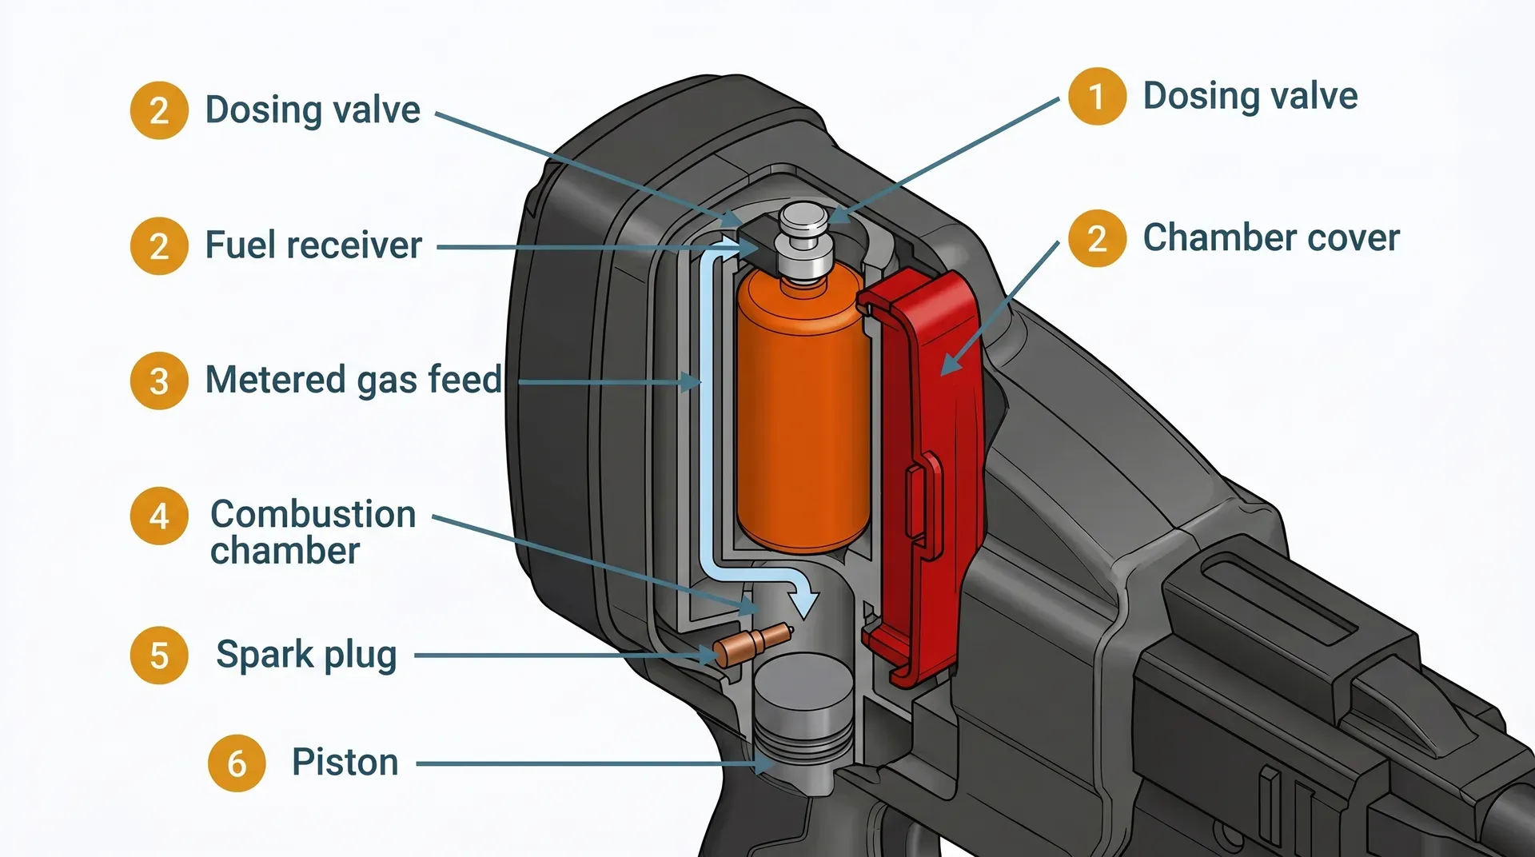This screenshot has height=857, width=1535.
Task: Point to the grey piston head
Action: coord(803,704)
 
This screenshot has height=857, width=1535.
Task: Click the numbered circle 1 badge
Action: coord(1097,97)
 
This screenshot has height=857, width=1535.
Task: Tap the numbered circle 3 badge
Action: coord(159,381)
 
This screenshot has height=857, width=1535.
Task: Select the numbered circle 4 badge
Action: coord(159,516)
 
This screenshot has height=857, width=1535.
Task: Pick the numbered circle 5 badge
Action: coord(159,656)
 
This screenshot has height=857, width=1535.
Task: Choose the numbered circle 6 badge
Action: coord(237,763)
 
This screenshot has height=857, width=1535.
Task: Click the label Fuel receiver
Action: coord(313,245)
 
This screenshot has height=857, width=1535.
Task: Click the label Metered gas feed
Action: coord(353,380)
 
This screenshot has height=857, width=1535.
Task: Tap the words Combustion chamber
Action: coord(312,532)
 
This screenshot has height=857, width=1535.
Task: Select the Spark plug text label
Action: coord(306,656)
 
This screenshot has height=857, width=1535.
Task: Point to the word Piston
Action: coord(345,763)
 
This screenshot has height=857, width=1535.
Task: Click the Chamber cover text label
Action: coord(1270,238)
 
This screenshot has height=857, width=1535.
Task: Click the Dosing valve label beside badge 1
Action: coord(1250,97)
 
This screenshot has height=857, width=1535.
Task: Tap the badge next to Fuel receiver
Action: coord(159,246)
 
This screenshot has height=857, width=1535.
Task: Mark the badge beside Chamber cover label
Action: coord(1097,238)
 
